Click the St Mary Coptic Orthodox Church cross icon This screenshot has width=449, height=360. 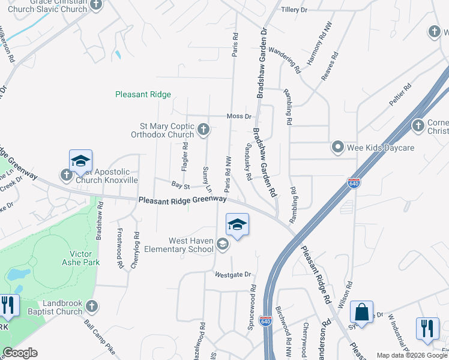click(x=204, y=129)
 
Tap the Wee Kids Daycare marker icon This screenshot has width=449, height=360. click(x=338, y=147)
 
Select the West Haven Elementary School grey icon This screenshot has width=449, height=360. click(x=223, y=244)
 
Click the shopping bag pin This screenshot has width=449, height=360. click(x=361, y=313)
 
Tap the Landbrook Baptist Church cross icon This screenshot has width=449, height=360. click(x=91, y=307)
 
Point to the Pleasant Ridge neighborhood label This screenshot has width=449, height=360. click(x=143, y=94)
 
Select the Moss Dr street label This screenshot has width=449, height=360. click(x=238, y=116)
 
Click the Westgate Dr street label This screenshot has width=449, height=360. click(x=232, y=274)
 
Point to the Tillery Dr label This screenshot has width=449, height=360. click(x=294, y=10)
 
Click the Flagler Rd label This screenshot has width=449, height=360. click(x=185, y=155)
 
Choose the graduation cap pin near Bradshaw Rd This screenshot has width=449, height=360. click(x=80, y=161)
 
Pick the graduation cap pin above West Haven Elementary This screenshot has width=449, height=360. click(x=237, y=225)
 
